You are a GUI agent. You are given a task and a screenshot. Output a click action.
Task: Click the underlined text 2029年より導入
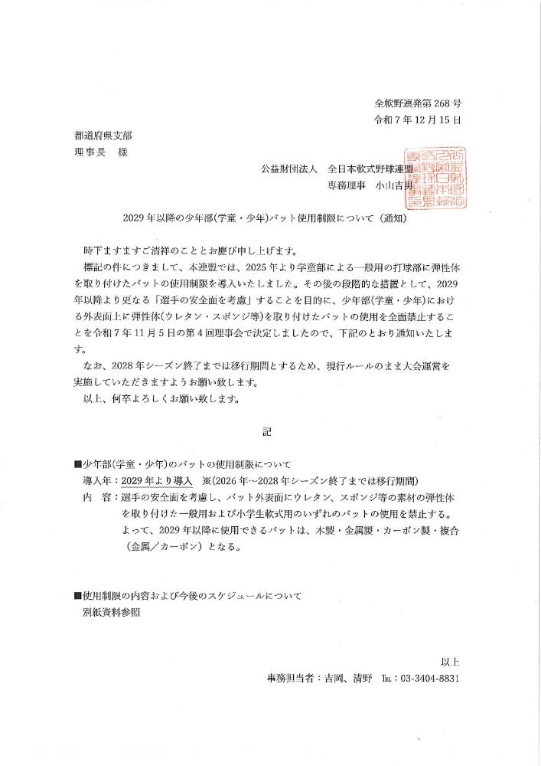pyautogui.click(x=156, y=480)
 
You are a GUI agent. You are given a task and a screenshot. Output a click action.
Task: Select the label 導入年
pyautogui.click(x=97, y=480)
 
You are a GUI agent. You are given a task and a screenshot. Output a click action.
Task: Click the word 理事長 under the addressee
pyautogui.click(x=80, y=151)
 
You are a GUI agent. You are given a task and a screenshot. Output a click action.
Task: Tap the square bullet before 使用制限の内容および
pyautogui.click(x=77, y=595)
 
